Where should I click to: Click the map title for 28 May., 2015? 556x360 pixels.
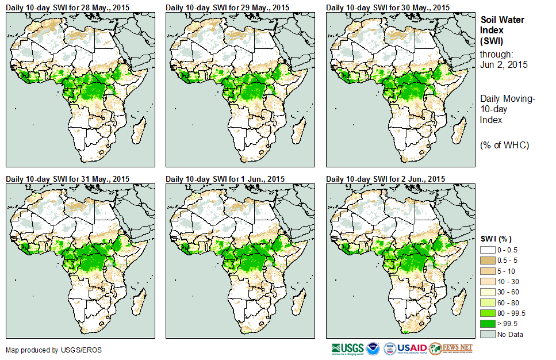(x=67, y=7)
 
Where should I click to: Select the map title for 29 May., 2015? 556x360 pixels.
(x=228, y=7)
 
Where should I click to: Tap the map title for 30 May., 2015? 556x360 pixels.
(x=388, y=7)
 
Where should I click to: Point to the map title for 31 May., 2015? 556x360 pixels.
(x=67, y=178)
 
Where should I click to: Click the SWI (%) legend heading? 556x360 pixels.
(x=496, y=239)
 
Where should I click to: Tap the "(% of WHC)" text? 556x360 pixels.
(x=504, y=145)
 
